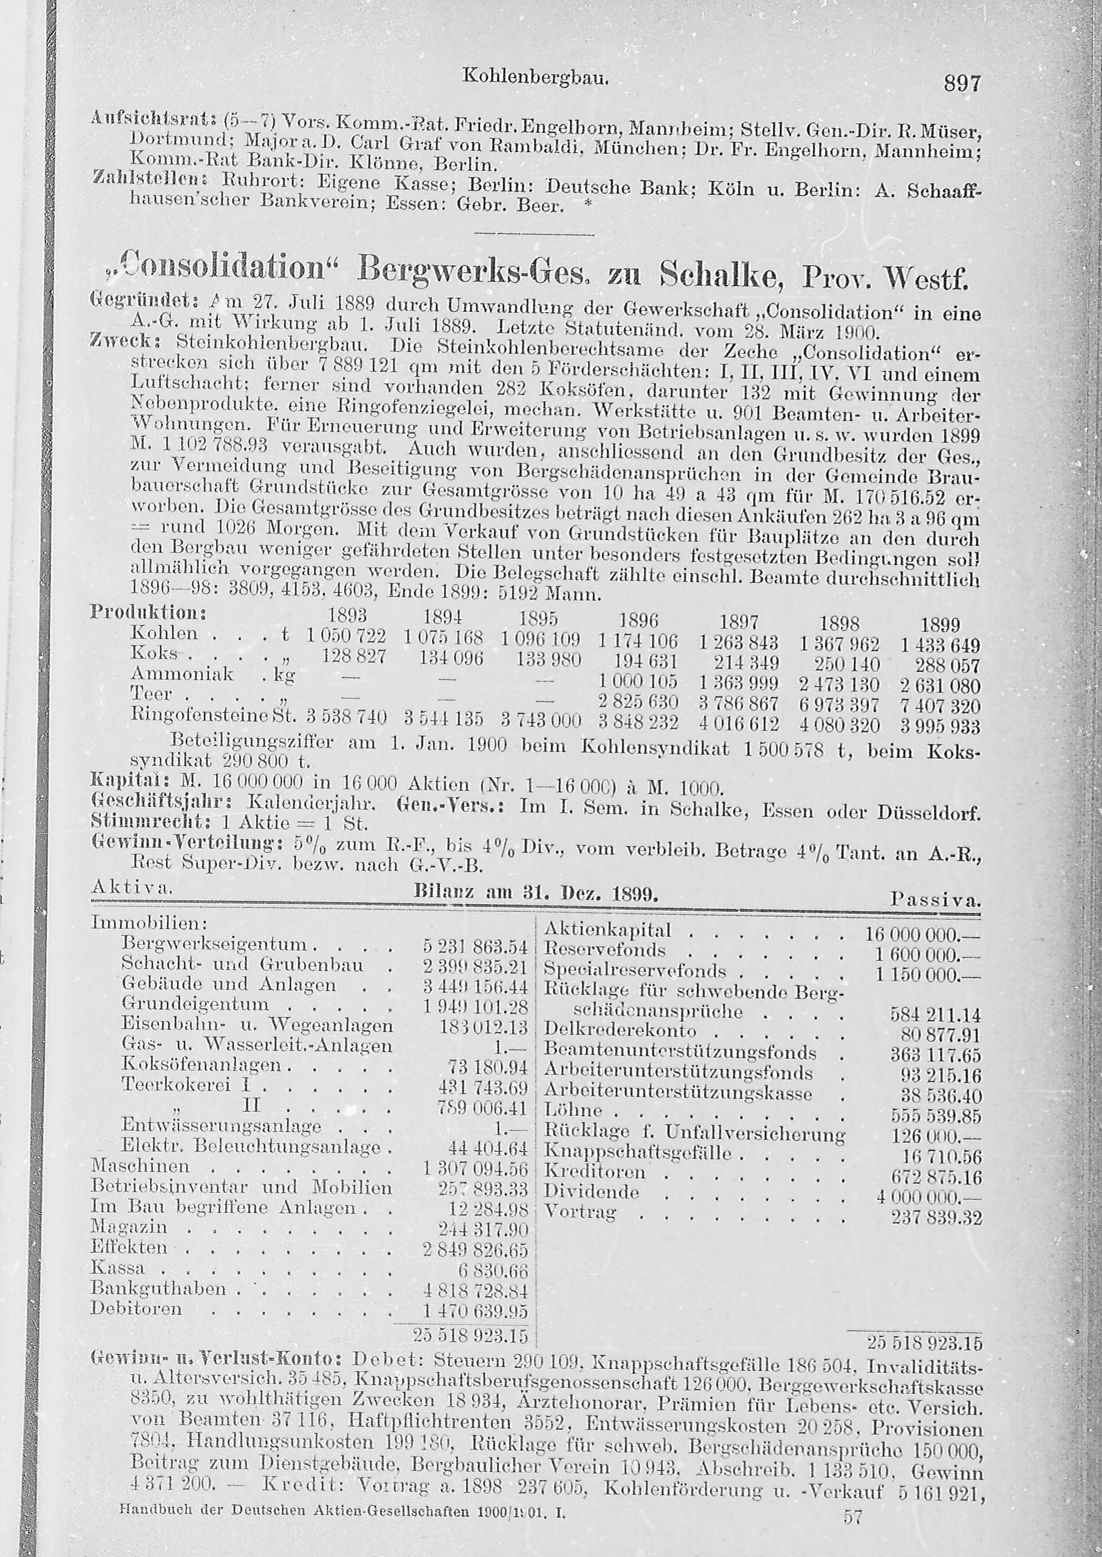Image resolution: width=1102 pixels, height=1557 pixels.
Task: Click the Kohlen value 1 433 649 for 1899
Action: (x=940, y=646)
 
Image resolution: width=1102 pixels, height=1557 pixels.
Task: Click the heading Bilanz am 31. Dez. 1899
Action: (x=536, y=894)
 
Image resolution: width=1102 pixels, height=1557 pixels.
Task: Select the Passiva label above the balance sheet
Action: (x=935, y=901)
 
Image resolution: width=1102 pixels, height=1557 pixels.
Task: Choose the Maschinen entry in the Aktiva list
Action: (x=140, y=1167)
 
